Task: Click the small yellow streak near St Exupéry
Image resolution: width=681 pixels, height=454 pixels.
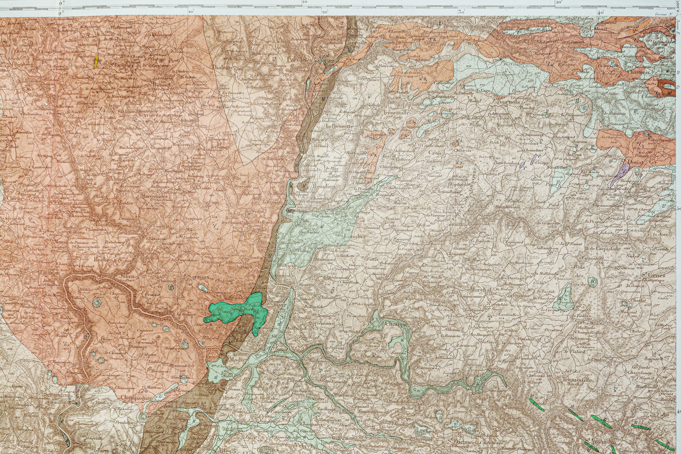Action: tap(96, 62)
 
